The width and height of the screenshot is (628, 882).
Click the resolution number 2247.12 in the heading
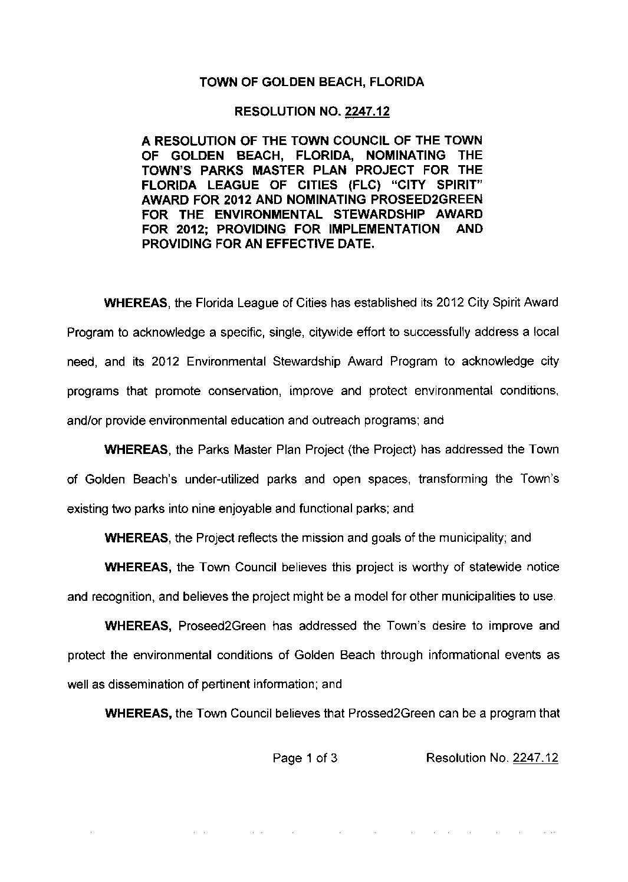pos(365,111)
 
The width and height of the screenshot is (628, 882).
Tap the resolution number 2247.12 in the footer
pos(535,758)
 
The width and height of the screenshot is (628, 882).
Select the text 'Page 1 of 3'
pos(305,758)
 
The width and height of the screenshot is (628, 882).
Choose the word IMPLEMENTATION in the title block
pos(387,229)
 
